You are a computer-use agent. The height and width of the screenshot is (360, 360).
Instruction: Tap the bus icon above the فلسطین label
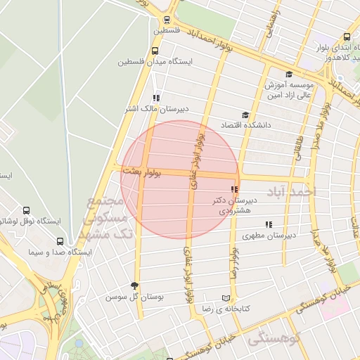pos(167,20)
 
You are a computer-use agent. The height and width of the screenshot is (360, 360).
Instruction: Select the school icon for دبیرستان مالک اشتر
pos(156,98)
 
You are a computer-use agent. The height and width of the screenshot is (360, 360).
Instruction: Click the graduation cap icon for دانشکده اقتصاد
pos(245,115)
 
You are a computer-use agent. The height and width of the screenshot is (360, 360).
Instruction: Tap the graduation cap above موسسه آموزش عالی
pos(289,75)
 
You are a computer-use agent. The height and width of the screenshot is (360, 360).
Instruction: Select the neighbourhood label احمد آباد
pos(293,191)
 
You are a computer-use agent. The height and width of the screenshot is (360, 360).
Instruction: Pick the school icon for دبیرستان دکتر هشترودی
pos(234,189)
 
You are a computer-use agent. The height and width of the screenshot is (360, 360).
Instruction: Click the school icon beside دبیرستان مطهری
pos(269,225)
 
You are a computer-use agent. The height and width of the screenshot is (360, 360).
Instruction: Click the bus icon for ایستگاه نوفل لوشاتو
pos(27,210)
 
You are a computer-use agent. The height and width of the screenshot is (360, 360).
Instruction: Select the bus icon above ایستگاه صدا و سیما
pos(60,240)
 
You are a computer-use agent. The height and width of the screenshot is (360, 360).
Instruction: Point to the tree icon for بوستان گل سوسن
pos(134,285)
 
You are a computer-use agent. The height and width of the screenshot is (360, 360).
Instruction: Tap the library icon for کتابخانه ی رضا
pos(226,297)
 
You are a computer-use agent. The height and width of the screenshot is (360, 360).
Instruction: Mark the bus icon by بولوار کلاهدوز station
pos(347,37)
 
